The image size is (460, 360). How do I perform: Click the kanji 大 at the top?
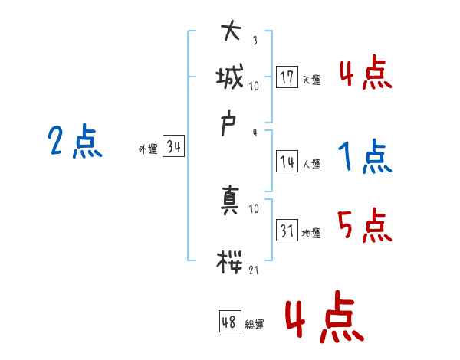pos(232,34)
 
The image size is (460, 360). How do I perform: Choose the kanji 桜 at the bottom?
pos(231,260)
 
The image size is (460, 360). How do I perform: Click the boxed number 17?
pos(287,77)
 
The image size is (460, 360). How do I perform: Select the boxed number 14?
pos(287,162)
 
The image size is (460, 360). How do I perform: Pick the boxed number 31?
pos(287,230)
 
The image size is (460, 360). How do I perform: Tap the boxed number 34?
pos(173,148)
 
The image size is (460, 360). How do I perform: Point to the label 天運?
pos(311,80)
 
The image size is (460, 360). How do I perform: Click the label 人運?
pos(311,164)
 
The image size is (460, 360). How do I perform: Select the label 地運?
pos(311,233)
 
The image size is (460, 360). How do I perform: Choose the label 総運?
pos(255,324)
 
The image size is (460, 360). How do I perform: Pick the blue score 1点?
pos(364,157)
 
